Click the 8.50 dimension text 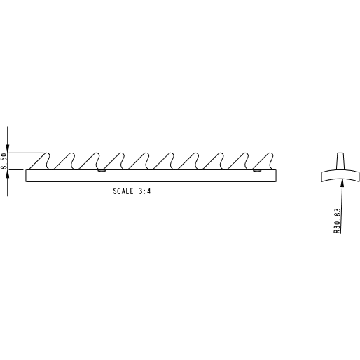4,161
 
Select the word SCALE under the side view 123,191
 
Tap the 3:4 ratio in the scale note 145,191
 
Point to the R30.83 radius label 337,221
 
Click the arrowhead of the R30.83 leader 342,182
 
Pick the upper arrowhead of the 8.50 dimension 8,149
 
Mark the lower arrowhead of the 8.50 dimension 8,174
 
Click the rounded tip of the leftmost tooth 47,153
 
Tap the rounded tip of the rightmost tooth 270,153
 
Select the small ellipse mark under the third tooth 102,171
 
